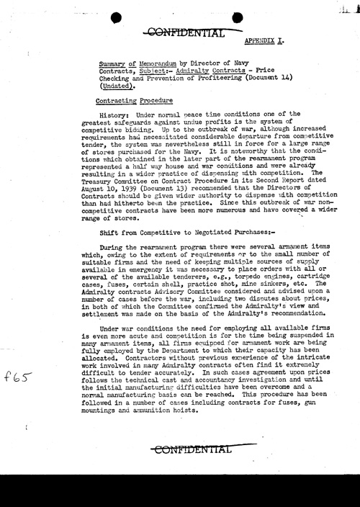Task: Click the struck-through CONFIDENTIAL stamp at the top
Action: coord(184,31)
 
